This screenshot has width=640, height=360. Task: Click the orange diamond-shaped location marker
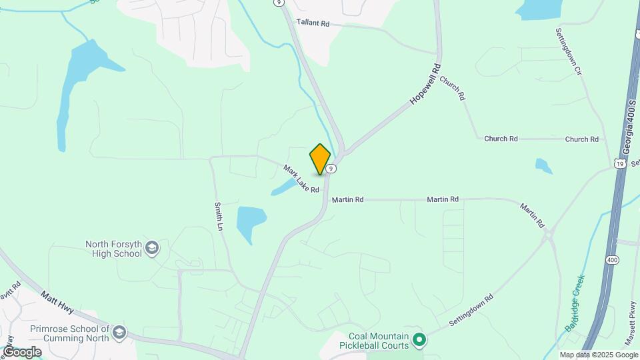pos(321,159)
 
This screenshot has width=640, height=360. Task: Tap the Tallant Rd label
pos(313,23)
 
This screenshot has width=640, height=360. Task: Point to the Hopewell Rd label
pos(426,83)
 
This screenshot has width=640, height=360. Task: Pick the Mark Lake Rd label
pos(301,179)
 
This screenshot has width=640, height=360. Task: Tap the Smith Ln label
pos(218,217)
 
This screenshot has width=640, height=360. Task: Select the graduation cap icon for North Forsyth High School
pos(152,249)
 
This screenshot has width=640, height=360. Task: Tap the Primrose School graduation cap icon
pos(119,332)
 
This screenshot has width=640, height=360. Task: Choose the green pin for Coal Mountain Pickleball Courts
pos(419,340)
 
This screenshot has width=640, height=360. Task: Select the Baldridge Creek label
pos(574,303)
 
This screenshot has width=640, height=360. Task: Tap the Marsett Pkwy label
pos(629,331)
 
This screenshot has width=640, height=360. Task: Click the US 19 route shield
pos(620,163)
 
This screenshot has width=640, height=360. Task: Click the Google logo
pos(22,351)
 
